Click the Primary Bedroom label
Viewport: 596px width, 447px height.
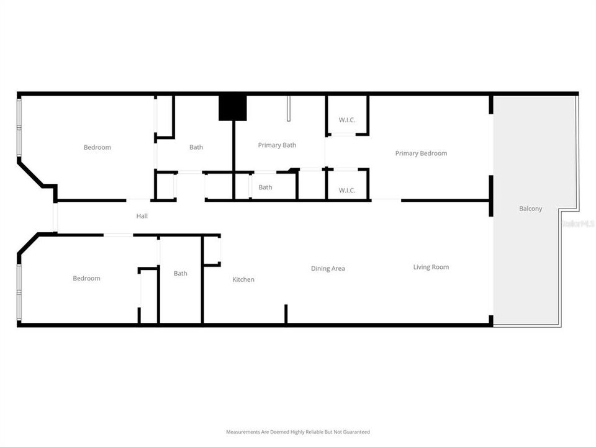[x=421, y=153]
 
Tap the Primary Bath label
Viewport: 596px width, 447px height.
[x=277, y=145]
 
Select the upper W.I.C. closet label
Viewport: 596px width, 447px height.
[x=347, y=120]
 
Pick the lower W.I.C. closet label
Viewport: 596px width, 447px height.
[x=347, y=190]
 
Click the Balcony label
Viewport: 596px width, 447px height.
[x=530, y=209]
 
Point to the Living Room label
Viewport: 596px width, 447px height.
[x=431, y=267]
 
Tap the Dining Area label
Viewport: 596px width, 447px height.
[x=328, y=269]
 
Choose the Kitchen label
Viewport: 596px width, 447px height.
[x=243, y=279]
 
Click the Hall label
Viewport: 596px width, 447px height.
[x=142, y=216]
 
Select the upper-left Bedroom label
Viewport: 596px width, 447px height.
[x=97, y=147]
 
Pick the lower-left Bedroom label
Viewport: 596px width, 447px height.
[x=86, y=278]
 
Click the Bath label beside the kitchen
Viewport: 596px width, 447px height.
[x=181, y=273]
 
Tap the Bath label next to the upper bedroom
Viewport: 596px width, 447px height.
[x=196, y=147]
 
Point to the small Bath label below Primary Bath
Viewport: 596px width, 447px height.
[x=265, y=187]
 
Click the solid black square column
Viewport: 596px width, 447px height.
[x=233, y=108]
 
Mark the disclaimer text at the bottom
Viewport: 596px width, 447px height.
[x=297, y=431]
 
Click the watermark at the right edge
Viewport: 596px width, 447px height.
[x=577, y=222]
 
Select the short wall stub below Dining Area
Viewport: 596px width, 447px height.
[x=286, y=314]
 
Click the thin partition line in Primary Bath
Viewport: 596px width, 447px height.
[x=288, y=109]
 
